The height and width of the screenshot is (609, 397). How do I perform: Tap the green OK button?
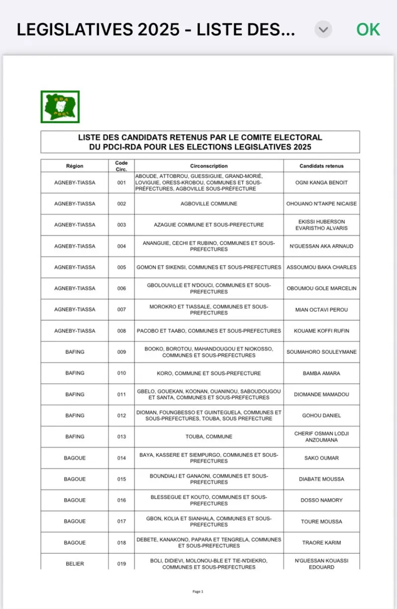point(368,30)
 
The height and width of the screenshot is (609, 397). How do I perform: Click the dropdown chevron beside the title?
point(323,30)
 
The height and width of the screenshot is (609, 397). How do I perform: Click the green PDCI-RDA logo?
point(60,106)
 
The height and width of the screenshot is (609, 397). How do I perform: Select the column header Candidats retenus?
point(322,166)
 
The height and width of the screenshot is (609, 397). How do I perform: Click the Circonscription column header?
point(209,166)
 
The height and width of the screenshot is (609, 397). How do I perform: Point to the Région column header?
point(74,166)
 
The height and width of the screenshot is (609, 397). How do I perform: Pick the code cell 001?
point(122,182)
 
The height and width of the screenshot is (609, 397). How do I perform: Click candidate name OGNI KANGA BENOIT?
point(322,182)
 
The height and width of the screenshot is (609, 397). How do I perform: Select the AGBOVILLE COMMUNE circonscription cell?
point(209,204)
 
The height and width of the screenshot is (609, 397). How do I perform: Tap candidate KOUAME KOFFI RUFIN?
point(322,331)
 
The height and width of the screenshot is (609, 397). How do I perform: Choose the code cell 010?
point(122,373)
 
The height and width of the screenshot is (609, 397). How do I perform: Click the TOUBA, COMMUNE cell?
point(209,436)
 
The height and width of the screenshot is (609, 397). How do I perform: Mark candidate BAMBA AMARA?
point(322,373)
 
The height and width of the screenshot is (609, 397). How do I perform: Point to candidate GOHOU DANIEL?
point(322,415)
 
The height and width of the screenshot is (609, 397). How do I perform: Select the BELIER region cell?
point(74,564)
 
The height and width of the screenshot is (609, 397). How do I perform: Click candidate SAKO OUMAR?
point(322,458)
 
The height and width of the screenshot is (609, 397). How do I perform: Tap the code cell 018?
point(122,543)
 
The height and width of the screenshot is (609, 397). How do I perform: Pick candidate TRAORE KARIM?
point(322,543)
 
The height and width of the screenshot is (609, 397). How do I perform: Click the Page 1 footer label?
point(198,592)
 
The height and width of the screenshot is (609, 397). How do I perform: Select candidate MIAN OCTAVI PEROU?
point(322,310)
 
